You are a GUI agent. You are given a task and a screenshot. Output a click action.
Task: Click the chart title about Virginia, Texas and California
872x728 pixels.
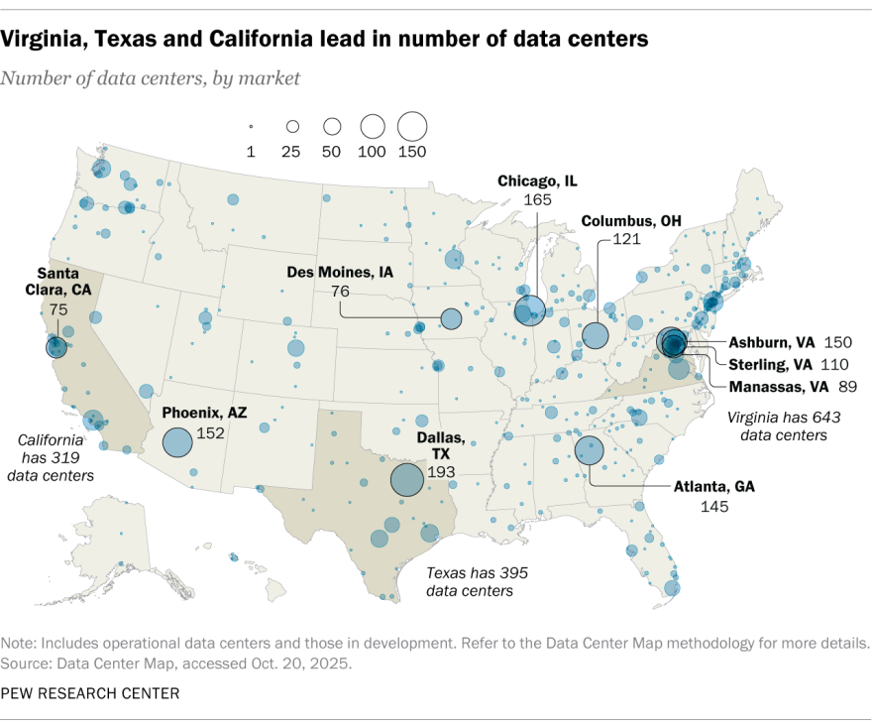(x=325, y=39)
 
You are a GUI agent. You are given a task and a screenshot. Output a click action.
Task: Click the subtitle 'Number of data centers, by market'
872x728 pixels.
(x=151, y=77)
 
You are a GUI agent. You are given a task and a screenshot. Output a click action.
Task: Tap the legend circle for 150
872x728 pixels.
(x=411, y=127)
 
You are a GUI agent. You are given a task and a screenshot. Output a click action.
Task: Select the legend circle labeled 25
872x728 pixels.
(x=292, y=127)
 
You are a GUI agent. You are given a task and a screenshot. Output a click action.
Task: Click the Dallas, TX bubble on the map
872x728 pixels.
(x=407, y=479)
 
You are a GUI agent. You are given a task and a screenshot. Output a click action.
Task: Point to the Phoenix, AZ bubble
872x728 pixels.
(x=177, y=442)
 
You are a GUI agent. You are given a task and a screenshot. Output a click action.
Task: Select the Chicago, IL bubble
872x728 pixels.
(x=530, y=311)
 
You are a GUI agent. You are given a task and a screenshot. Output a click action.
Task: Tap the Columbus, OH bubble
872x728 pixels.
(x=596, y=335)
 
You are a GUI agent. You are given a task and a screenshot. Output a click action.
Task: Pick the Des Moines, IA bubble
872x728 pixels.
(x=451, y=318)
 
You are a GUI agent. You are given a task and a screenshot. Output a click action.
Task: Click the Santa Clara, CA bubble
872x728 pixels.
(x=55, y=347)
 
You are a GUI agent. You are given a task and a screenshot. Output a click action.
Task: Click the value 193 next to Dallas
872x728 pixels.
(x=441, y=472)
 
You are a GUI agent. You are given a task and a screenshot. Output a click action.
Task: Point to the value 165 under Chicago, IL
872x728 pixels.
(x=537, y=199)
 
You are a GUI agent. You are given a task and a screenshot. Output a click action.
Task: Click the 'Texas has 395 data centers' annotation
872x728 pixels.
(x=470, y=581)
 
